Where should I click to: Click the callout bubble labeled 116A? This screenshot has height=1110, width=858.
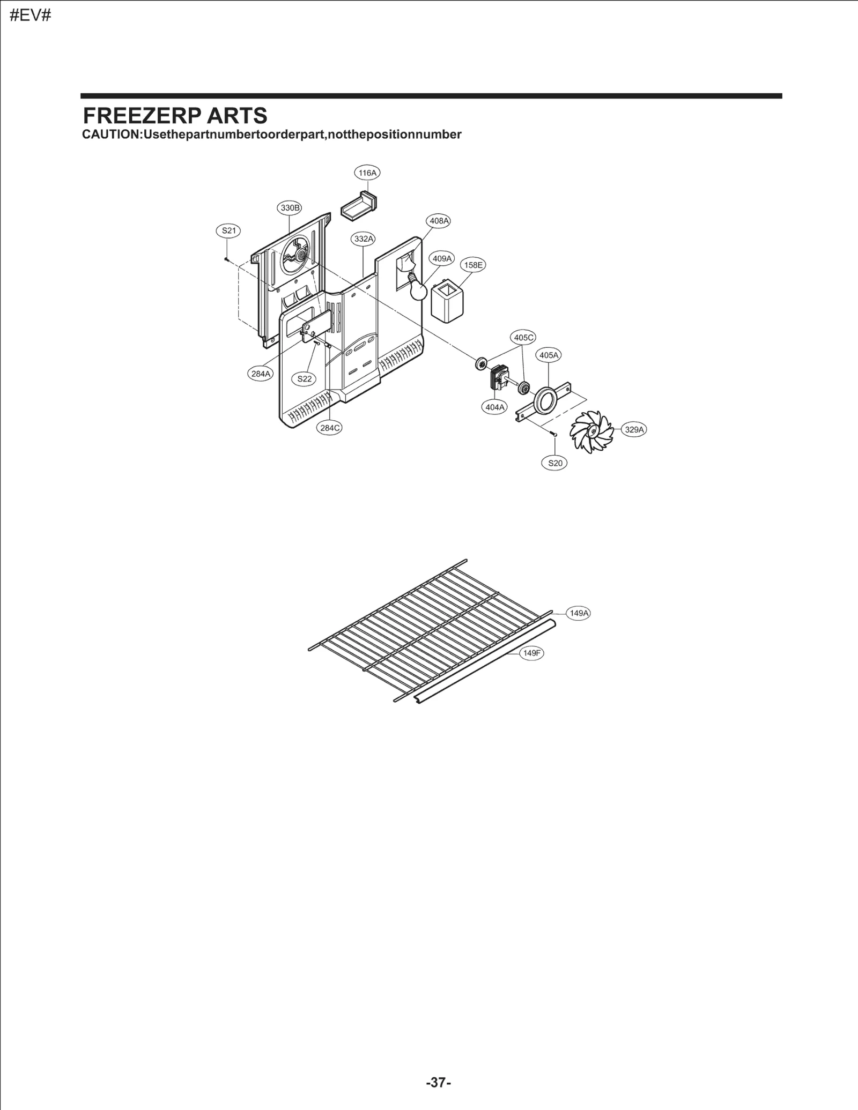point(367,173)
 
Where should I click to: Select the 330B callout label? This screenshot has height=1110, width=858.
point(290,208)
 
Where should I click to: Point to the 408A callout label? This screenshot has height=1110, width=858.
point(439,221)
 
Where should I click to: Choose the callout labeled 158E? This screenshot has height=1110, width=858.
point(473,265)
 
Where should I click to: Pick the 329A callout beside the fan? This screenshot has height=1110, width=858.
point(634,429)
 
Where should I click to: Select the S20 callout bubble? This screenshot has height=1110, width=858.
point(554,463)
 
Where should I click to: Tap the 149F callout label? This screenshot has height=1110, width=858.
point(531,653)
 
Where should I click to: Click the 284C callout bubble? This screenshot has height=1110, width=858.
point(330,428)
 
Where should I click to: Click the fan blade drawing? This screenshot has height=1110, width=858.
point(591,432)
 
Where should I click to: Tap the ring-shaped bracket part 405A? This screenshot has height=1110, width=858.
point(544,401)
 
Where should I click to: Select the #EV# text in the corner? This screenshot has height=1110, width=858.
point(31,15)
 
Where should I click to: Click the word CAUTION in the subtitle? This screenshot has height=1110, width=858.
point(110,135)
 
